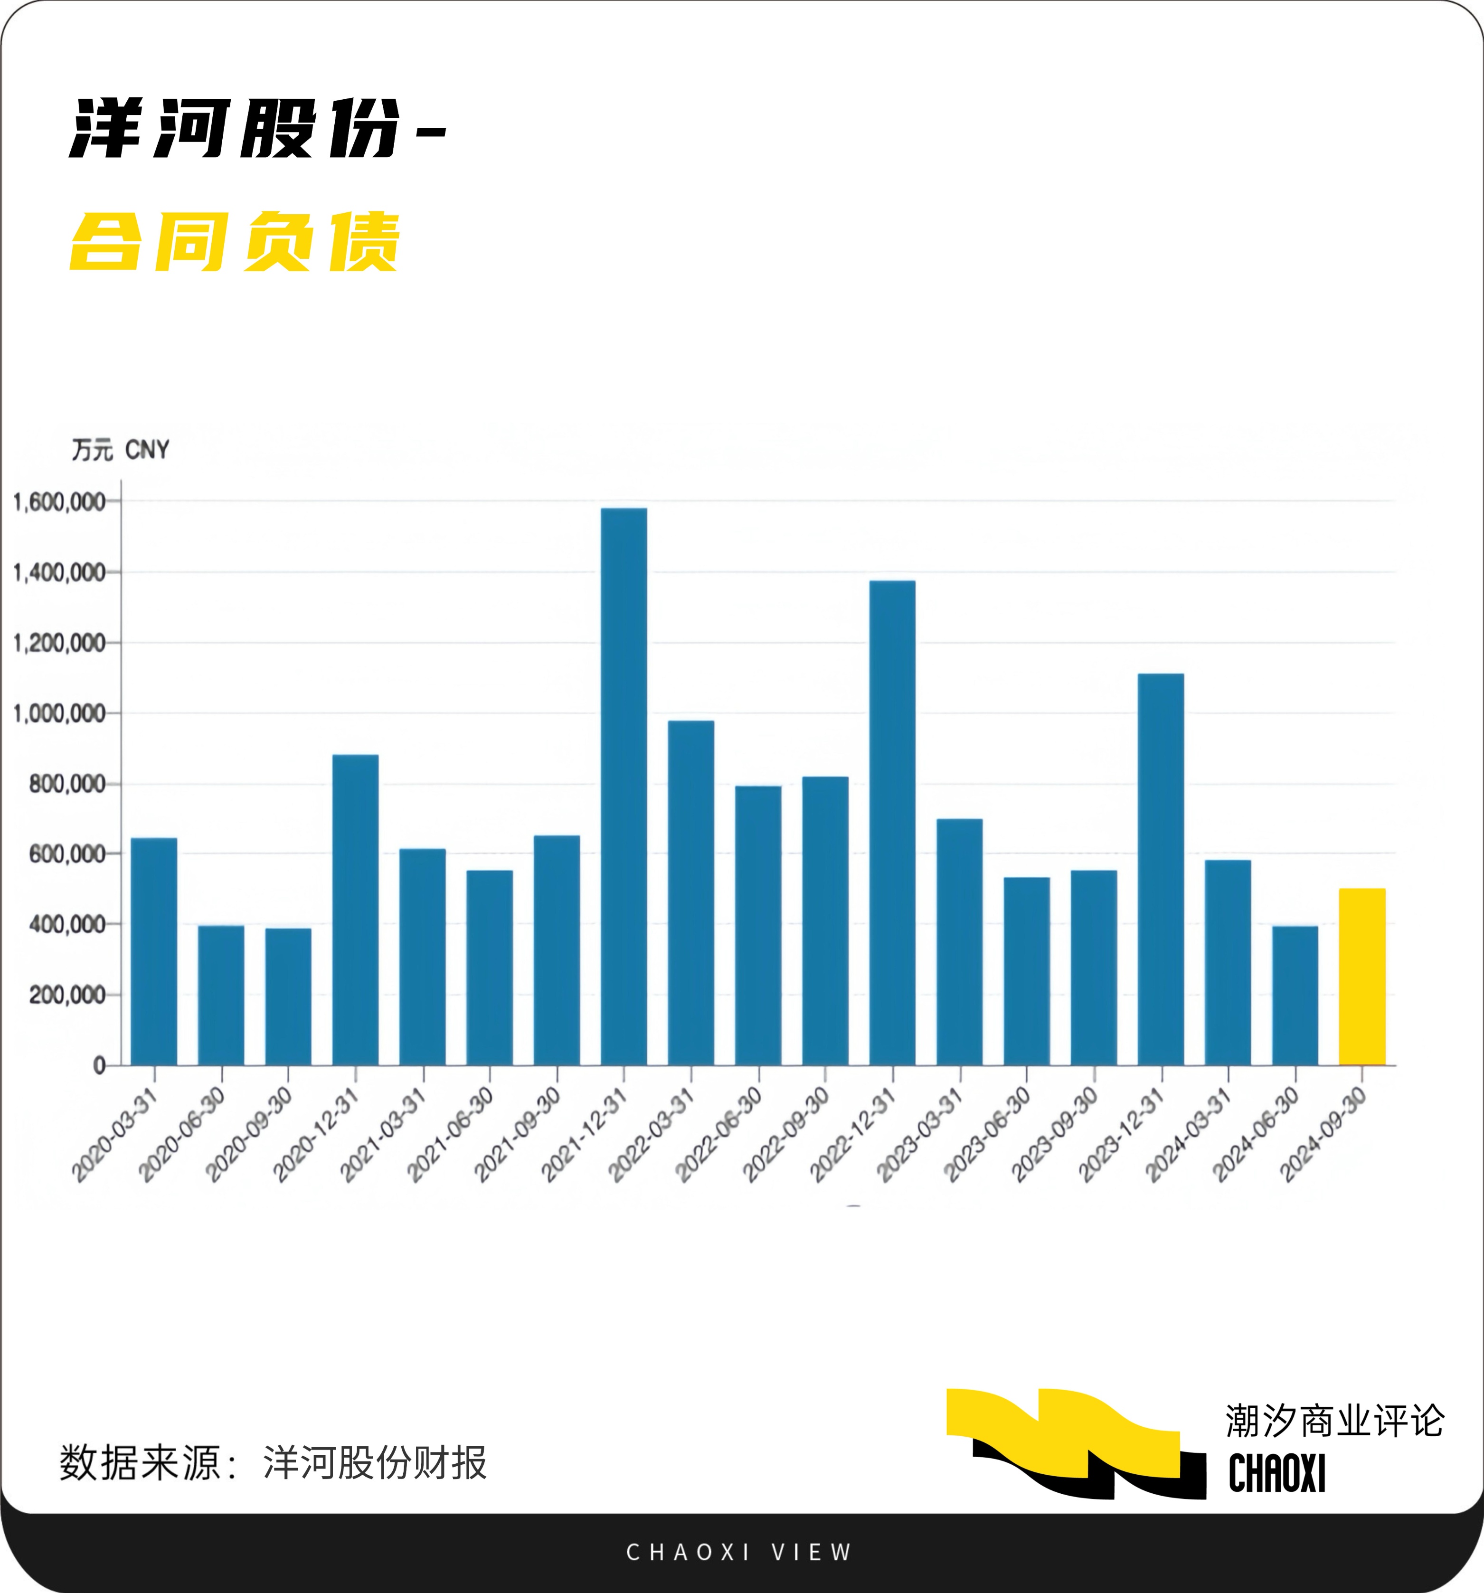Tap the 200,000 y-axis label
pyautogui.click(x=67, y=995)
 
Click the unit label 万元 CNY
pyautogui.click(x=120, y=450)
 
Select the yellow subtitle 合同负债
pyautogui.click(x=234, y=242)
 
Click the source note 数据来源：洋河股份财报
pyautogui.click(x=273, y=1463)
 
